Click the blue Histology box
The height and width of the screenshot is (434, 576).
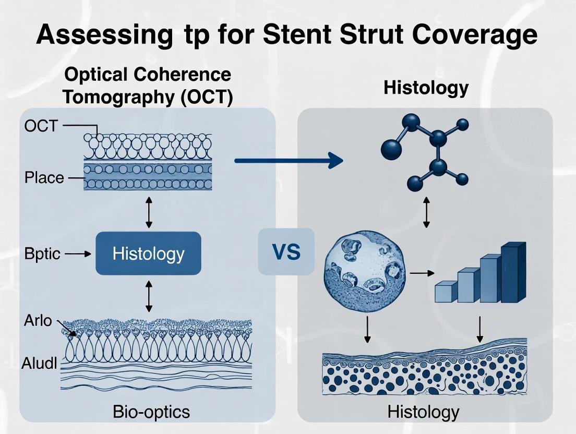tap(148, 254)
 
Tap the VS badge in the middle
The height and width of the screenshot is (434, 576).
tap(286, 252)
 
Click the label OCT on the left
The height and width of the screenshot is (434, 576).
tap(40, 126)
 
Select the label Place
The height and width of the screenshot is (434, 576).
tap(44, 178)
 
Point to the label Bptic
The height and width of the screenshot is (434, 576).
tap(42, 254)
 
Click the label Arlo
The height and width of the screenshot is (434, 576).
tap(38, 320)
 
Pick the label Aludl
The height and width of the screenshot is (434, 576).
tap(39, 364)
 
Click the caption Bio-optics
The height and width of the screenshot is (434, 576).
tap(151, 412)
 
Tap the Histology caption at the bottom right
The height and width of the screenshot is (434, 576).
tap(423, 412)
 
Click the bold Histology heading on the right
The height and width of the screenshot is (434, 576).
tap(426, 88)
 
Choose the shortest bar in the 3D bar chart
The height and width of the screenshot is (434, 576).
tap(446, 291)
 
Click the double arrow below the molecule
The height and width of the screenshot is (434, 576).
tap(426, 213)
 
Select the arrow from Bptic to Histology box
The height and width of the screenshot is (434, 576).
tap(78, 254)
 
